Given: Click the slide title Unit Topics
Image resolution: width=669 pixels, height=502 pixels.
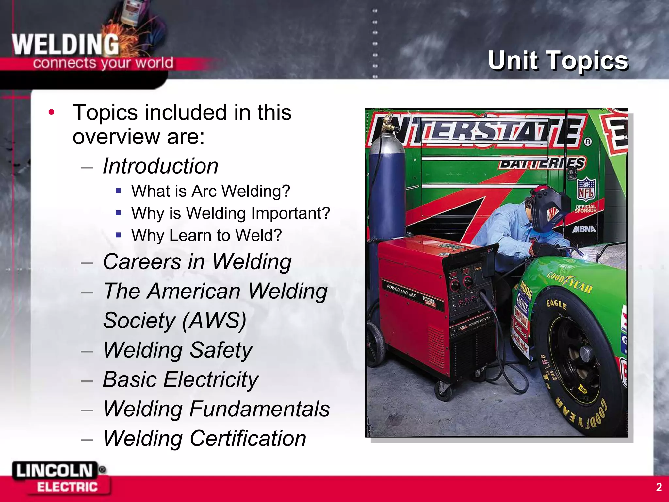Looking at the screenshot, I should (558, 60).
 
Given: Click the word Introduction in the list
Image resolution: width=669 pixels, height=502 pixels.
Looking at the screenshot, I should (160, 166).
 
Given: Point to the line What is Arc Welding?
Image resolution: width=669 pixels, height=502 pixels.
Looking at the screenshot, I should (211, 191).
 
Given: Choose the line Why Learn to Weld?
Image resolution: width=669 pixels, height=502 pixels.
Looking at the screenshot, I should (206, 235).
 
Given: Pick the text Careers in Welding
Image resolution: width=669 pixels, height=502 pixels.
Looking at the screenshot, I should (197, 262).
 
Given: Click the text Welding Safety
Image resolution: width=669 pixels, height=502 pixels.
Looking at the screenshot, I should (178, 350).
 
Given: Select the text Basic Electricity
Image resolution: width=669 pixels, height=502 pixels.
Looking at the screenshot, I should (181, 379).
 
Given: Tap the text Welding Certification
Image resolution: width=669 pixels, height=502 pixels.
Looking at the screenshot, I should (204, 438).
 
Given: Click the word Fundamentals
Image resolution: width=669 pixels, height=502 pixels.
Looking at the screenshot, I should (259, 409).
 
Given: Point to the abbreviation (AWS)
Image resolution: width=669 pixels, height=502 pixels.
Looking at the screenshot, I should (214, 321).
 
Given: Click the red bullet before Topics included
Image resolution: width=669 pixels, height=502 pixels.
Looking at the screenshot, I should (51, 112).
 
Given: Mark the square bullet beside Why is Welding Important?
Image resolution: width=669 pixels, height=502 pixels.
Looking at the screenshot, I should (118, 213).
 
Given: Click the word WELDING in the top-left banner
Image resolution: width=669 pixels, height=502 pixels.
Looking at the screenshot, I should (65, 45).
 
